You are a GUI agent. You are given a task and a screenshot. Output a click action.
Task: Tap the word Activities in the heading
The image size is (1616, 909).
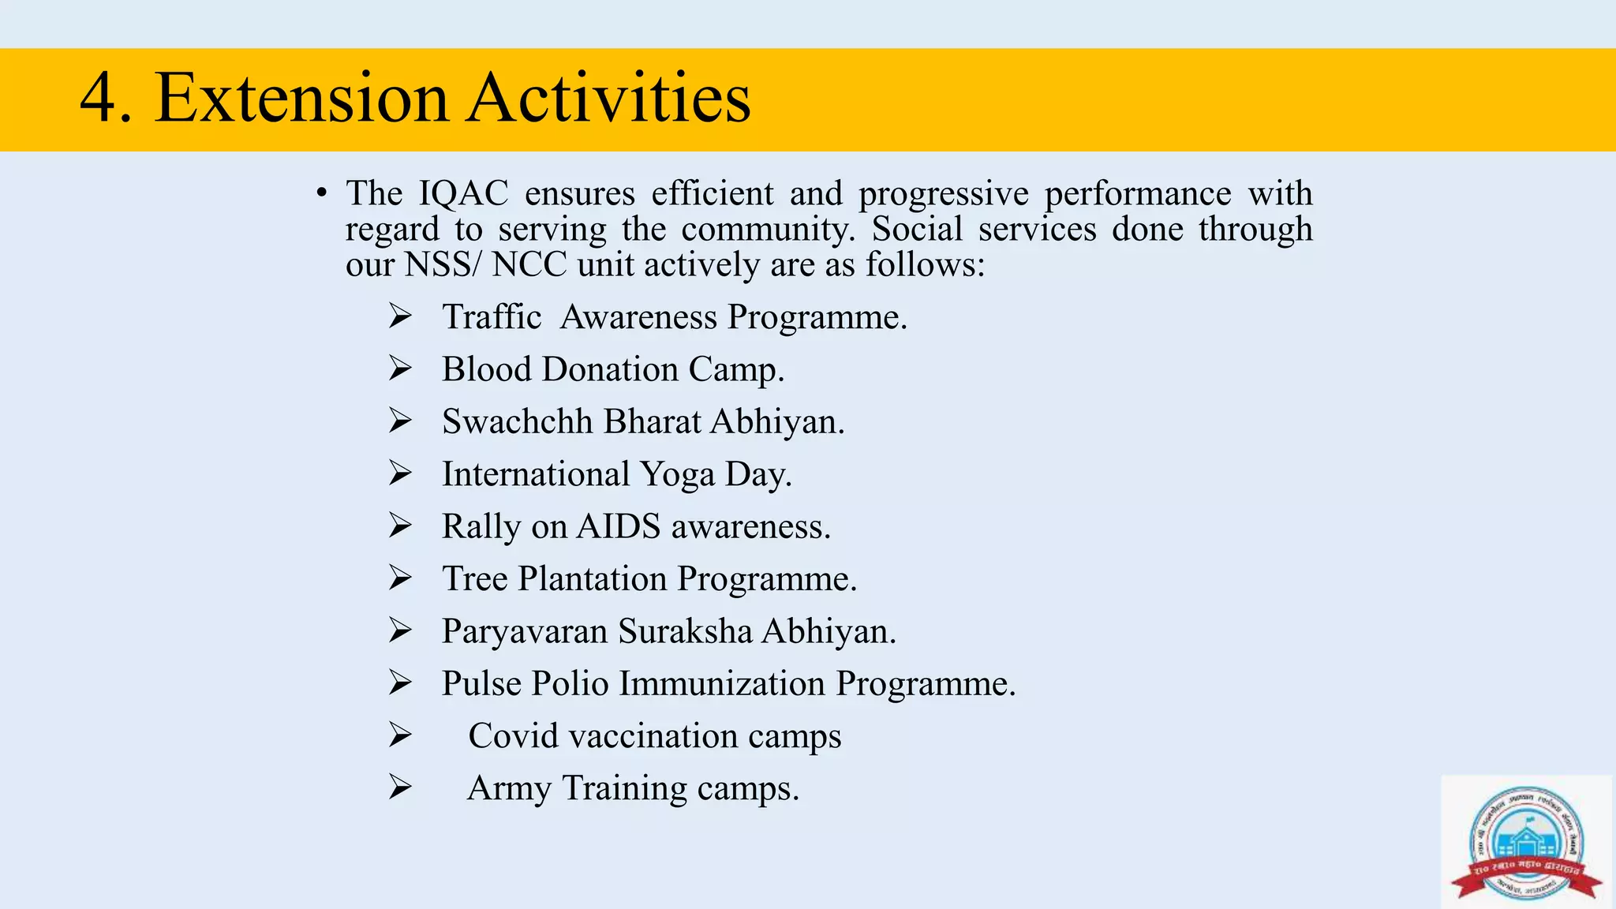point(608,98)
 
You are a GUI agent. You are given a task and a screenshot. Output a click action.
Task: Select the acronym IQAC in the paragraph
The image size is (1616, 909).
point(463,193)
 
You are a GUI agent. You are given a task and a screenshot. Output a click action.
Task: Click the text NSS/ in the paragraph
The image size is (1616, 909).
point(441,264)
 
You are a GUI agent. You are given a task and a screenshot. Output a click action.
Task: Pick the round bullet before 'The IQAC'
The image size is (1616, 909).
point(320,193)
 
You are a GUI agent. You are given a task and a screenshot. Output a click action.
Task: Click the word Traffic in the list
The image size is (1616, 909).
point(491,317)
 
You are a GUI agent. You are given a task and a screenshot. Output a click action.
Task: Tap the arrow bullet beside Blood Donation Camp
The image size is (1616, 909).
point(400,369)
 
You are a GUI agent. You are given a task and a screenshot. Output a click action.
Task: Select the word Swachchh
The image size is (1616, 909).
point(517,421)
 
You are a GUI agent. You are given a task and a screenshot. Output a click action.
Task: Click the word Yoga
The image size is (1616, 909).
point(677,474)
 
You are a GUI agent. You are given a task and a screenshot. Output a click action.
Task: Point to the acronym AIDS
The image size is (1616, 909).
point(618,526)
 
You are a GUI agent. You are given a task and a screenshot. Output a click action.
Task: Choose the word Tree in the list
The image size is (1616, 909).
point(474,578)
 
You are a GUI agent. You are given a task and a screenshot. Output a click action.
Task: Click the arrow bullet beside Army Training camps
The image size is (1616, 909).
point(400,787)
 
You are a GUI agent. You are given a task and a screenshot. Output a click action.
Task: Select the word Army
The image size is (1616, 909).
point(509,788)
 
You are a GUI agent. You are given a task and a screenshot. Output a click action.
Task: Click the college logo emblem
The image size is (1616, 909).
point(1526,840)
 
